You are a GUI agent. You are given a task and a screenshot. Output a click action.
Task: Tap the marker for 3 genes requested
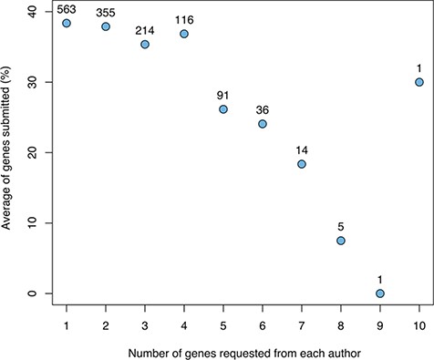click(x=145, y=44)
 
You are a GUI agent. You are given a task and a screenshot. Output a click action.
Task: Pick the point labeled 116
click(x=184, y=34)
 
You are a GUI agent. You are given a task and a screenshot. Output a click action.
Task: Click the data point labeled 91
click(x=223, y=108)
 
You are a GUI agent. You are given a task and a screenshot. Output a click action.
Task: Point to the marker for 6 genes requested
click(x=263, y=123)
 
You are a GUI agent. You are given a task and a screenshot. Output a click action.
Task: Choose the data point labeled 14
click(x=302, y=164)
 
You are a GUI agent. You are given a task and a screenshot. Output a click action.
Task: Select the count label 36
click(x=263, y=107)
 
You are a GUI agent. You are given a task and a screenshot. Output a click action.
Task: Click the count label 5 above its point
click(x=341, y=224)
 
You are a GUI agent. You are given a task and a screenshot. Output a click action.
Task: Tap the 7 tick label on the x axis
click(x=302, y=325)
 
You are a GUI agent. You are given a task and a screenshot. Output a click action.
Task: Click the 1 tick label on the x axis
click(x=67, y=325)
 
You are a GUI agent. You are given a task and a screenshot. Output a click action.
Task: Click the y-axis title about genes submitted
click(x=8, y=152)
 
